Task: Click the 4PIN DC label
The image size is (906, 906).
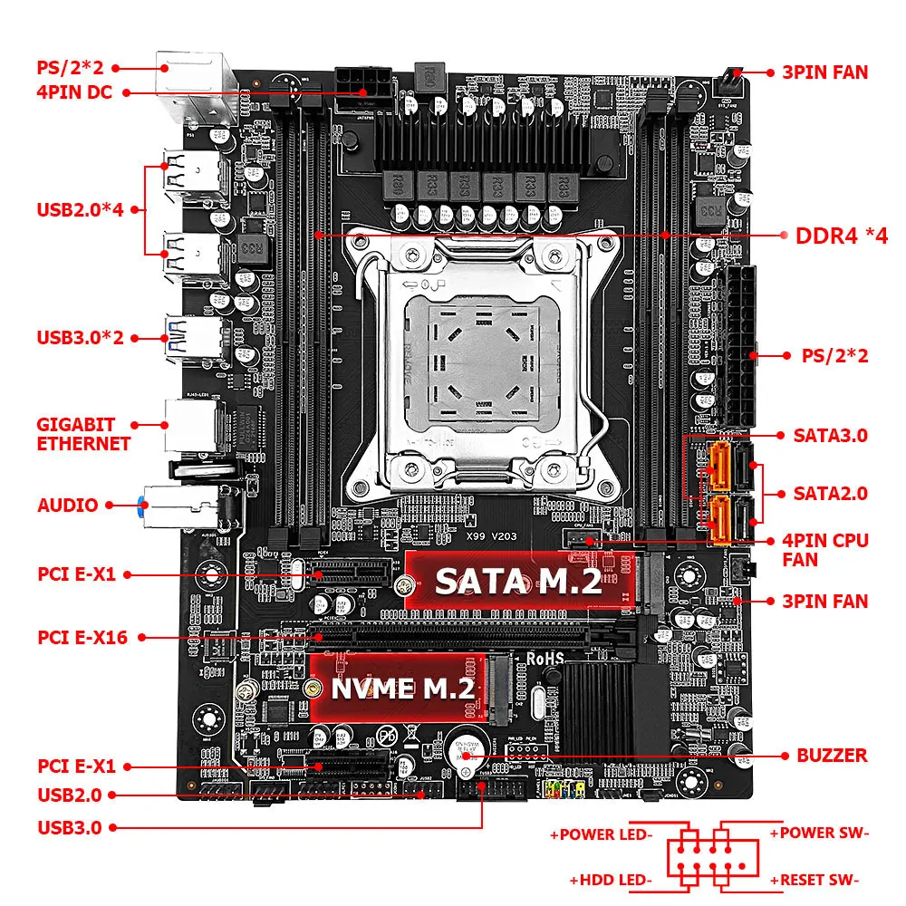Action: [74, 92]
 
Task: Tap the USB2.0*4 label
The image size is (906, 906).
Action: [80, 209]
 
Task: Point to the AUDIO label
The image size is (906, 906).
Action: [67, 506]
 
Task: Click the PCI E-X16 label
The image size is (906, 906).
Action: [82, 637]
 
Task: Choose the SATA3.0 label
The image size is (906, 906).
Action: [831, 436]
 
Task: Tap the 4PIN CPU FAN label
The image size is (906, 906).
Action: [825, 550]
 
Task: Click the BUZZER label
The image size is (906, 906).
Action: [832, 755]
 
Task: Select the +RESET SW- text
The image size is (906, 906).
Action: [814, 879]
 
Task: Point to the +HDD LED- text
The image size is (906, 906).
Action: [611, 879]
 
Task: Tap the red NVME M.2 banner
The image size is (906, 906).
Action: [403, 688]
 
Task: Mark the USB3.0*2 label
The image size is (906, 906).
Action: [80, 338]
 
